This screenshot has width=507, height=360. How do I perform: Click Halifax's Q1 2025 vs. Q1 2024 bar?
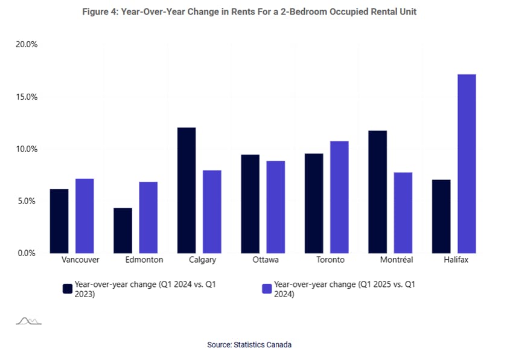point(467,164)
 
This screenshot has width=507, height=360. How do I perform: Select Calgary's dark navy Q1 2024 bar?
point(187,190)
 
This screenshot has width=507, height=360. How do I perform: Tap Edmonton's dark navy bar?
point(123,230)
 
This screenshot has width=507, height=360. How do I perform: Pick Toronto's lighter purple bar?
point(339,197)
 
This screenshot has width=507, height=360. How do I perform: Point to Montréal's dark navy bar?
point(377,191)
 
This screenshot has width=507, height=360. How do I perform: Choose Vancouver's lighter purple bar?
point(84,216)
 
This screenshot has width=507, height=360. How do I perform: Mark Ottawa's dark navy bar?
point(250,204)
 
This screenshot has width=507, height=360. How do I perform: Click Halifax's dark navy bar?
point(441,216)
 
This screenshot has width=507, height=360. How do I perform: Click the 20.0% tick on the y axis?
point(27,45)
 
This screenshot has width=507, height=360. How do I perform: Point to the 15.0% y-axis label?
point(27,97)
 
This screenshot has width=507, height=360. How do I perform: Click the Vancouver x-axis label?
point(80,260)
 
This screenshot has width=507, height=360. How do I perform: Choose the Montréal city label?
point(397,260)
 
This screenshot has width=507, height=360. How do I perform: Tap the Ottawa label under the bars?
point(266,260)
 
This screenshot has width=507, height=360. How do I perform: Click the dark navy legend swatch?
point(68,289)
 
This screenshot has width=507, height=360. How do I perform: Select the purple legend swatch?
point(267,289)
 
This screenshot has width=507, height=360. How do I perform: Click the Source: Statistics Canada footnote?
point(249,344)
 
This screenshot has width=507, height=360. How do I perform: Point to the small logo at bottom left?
point(28,321)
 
